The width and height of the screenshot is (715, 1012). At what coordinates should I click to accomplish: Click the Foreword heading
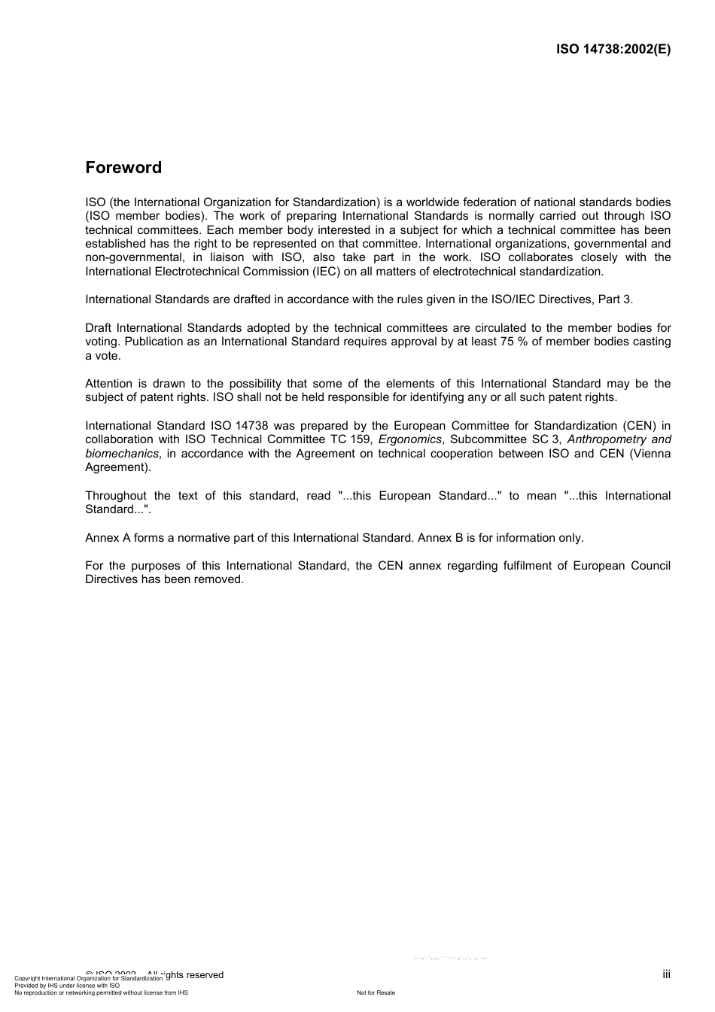pos(123,168)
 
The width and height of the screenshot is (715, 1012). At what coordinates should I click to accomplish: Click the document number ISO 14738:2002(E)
pos(613,50)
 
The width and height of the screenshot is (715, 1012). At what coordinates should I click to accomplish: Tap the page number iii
pos(666,974)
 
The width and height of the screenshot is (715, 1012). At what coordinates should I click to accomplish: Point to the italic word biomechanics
pos(122,454)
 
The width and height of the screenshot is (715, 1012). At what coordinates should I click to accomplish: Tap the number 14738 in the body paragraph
pos(251,426)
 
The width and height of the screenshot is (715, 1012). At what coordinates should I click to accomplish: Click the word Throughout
pos(116,496)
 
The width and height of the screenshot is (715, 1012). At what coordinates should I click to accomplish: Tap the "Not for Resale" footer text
pos(376,992)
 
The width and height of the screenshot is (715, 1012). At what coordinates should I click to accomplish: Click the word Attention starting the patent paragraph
pos(108,384)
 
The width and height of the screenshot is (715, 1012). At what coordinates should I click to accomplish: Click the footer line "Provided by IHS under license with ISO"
pos(67,986)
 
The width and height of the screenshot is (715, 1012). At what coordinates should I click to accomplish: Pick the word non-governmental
pos(132,257)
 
